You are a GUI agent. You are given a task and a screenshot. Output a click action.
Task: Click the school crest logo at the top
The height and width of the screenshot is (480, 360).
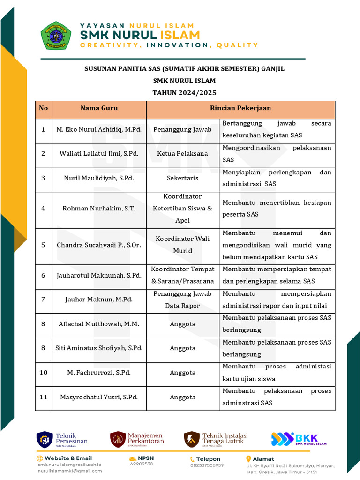tap(56, 36)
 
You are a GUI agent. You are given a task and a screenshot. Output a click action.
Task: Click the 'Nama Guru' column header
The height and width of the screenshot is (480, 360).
tap(99, 108)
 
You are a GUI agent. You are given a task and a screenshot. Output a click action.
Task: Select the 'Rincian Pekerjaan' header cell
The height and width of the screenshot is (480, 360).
tap(240, 108)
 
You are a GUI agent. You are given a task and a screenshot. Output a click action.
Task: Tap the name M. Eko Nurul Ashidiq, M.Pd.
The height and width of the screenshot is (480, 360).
tap(99, 129)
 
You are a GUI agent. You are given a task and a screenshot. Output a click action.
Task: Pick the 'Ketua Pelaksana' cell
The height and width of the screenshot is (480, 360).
tap(182, 154)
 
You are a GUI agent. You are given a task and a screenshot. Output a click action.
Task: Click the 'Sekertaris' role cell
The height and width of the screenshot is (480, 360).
tap(182, 178)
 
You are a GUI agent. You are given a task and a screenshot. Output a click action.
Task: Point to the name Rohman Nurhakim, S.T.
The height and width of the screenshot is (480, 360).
tap(99, 209)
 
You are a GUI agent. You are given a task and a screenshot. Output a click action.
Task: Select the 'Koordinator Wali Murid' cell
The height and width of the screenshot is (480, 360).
tap(182, 245)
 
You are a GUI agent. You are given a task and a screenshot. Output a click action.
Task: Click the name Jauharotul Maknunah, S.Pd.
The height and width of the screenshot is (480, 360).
tap(99, 275)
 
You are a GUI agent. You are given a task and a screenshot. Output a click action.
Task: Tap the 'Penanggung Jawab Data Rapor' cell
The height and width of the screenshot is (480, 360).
tap(182, 300)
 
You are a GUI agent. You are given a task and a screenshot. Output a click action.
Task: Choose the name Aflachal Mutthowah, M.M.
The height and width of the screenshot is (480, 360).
tap(99, 324)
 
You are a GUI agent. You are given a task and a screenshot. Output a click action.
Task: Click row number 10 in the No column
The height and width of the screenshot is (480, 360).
tap(44, 373)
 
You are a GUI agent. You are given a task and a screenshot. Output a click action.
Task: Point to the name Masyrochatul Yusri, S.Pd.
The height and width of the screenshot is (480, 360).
tap(99, 397)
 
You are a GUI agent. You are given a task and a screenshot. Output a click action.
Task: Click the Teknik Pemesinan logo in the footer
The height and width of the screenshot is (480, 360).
tap(45, 439)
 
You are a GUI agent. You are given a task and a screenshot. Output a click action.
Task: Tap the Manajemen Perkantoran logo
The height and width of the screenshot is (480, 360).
tap(118, 439)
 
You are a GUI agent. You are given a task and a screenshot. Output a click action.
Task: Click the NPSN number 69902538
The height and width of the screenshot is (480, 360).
tap(142, 464)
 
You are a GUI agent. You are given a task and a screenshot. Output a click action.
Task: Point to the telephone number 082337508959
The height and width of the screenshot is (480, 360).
tap(207, 465)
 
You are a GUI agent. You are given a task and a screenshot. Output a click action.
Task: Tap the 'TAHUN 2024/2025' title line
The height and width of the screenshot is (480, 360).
tap(184, 93)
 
